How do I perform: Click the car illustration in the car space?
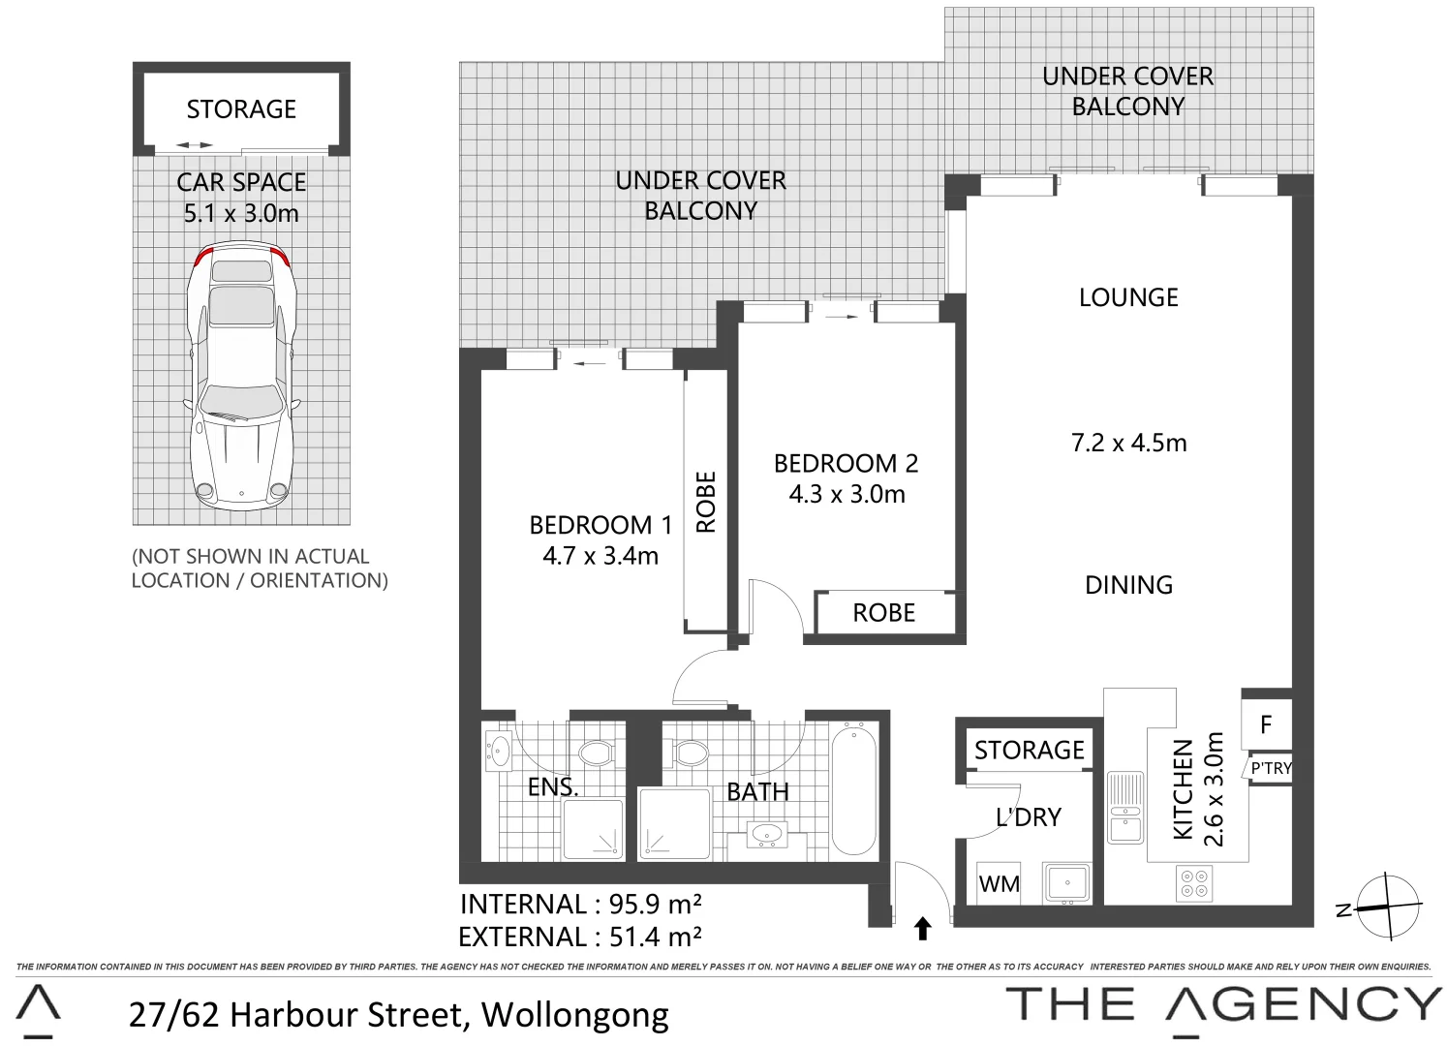[x=241, y=378]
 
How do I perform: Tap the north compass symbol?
[x=1387, y=907]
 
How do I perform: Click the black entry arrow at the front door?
[x=922, y=929]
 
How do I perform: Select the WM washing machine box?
[x=999, y=883]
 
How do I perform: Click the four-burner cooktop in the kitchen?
[x=1193, y=881]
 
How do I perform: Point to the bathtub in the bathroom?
[x=853, y=790]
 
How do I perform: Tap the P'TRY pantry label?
[x=1271, y=768]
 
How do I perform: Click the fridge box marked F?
[x=1265, y=724]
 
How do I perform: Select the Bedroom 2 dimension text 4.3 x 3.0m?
[x=847, y=494]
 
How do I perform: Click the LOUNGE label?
[x=1128, y=297]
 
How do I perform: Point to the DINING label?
[x=1128, y=585]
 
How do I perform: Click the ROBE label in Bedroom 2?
[x=883, y=613]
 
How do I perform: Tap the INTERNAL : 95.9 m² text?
[x=580, y=904]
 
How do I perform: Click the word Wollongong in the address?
[x=574, y=1014]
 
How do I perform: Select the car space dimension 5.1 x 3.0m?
[x=241, y=213]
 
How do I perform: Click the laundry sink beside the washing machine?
[x=1067, y=882]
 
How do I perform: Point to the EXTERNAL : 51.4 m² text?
[x=580, y=937]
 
